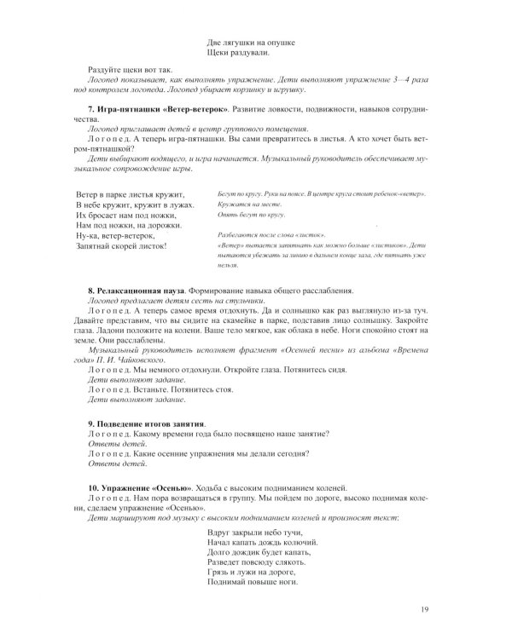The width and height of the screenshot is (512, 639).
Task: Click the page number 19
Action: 424,608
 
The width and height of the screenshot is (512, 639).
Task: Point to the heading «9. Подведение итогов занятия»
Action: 147,423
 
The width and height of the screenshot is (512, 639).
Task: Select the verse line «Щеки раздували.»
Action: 242,53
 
